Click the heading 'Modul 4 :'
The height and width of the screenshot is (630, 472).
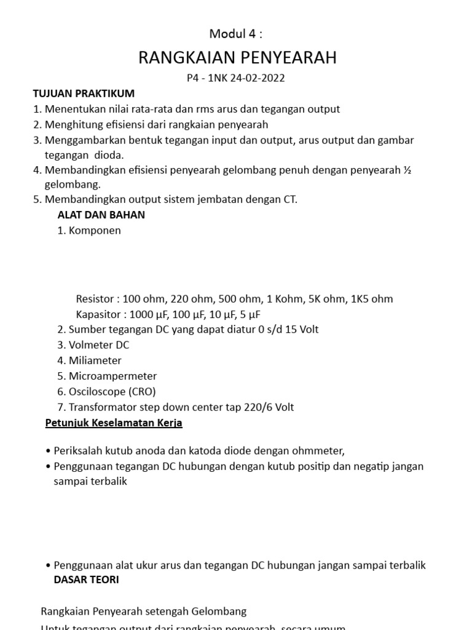tap(236, 33)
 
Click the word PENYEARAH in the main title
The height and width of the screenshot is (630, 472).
tap(286, 58)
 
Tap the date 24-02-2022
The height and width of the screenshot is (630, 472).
tap(256, 78)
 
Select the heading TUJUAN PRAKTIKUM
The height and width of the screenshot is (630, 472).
tap(83, 94)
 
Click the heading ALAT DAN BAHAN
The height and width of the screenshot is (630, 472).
tap(101, 215)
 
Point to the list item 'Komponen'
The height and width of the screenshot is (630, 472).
tap(95, 231)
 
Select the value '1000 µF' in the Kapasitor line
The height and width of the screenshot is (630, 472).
tap(151, 314)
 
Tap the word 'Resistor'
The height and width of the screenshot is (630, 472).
tap(95, 299)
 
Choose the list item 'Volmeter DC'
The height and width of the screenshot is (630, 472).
tap(99, 345)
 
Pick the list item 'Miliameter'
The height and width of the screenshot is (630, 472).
tap(95, 361)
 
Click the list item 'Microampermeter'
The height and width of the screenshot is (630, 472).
tap(112, 376)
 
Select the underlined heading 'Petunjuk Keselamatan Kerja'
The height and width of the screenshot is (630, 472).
tap(114, 423)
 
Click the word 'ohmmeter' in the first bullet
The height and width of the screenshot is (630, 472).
tap(318, 450)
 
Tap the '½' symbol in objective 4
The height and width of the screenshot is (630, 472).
tap(406, 170)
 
